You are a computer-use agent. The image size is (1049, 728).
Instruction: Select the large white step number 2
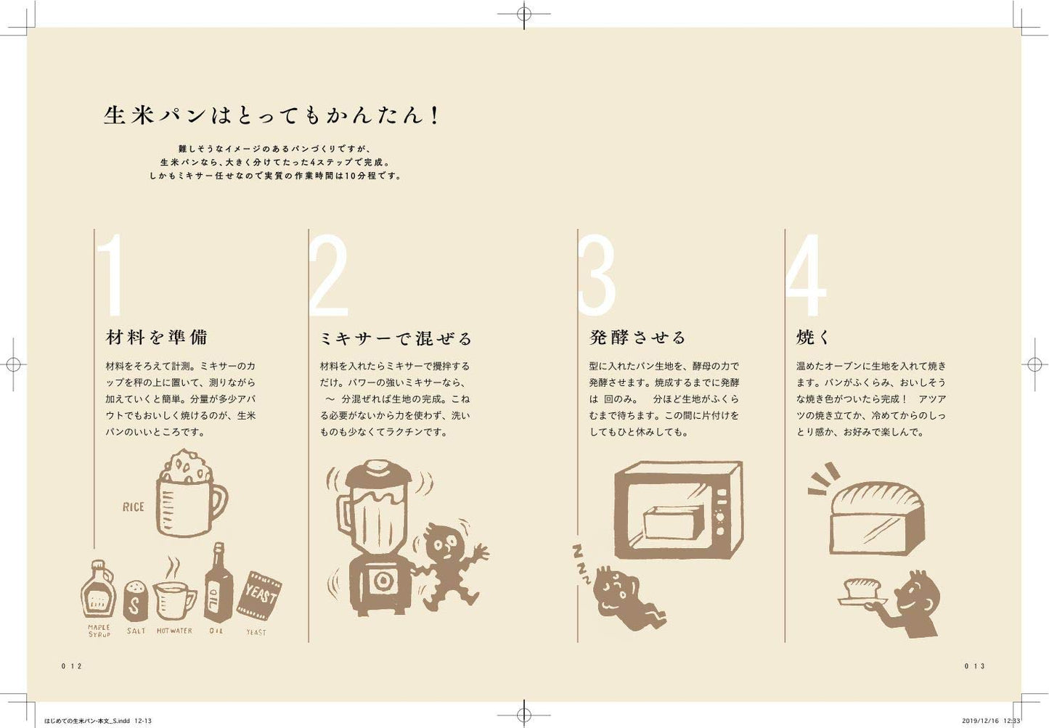[328, 276]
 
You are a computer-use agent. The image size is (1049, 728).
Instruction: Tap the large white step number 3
[597, 276]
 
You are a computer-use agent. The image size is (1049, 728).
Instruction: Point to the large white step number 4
[806, 276]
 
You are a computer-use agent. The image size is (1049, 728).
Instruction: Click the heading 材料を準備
[157, 338]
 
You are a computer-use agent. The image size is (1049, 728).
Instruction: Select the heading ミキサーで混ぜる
[396, 338]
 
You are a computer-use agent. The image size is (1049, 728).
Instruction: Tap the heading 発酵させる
[637, 338]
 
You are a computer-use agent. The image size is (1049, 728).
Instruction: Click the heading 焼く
[812, 338]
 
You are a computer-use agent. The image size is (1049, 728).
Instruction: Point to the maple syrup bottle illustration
[98, 589]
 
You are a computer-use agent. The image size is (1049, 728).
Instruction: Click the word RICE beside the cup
[133, 507]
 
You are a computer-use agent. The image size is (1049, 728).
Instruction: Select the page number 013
[974, 666]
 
